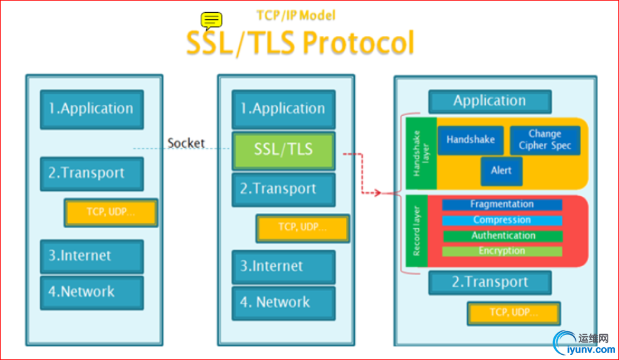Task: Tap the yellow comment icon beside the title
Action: [x=211, y=21]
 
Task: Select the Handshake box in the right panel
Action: [x=471, y=139]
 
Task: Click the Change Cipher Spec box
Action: [x=544, y=139]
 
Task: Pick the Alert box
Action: [x=501, y=171]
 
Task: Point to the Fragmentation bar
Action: [x=501, y=204]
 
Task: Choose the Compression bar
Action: [x=501, y=220]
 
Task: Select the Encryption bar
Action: [x=501, y=251]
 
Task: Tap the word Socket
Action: [x=186, y=143]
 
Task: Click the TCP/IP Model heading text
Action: [x=296, y=15]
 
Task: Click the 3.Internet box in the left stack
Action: [x=91, y=256]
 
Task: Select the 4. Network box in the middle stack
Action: [x=283, y=303]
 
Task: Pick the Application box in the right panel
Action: [x=489, y=102]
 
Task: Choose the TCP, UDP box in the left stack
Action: [x=111, y=212]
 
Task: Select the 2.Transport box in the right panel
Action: [x=489, y=283]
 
